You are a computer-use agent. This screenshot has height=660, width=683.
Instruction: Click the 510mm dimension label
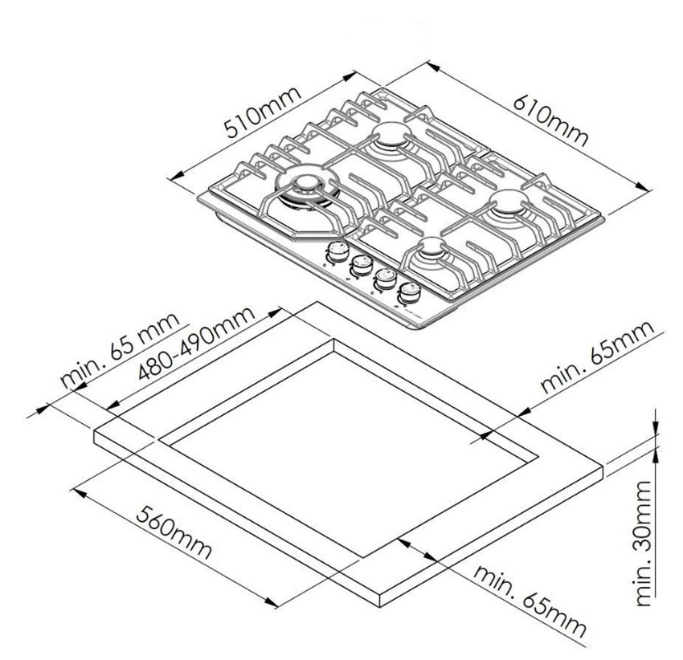coord(263,112)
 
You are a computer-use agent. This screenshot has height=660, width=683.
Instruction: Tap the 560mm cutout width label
coord(174,532)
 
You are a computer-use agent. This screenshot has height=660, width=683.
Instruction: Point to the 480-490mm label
coord(196,343)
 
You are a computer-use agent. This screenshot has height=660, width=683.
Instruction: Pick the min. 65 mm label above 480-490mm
coord(120,350)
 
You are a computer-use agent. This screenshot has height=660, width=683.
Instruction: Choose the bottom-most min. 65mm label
coord(530,601)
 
